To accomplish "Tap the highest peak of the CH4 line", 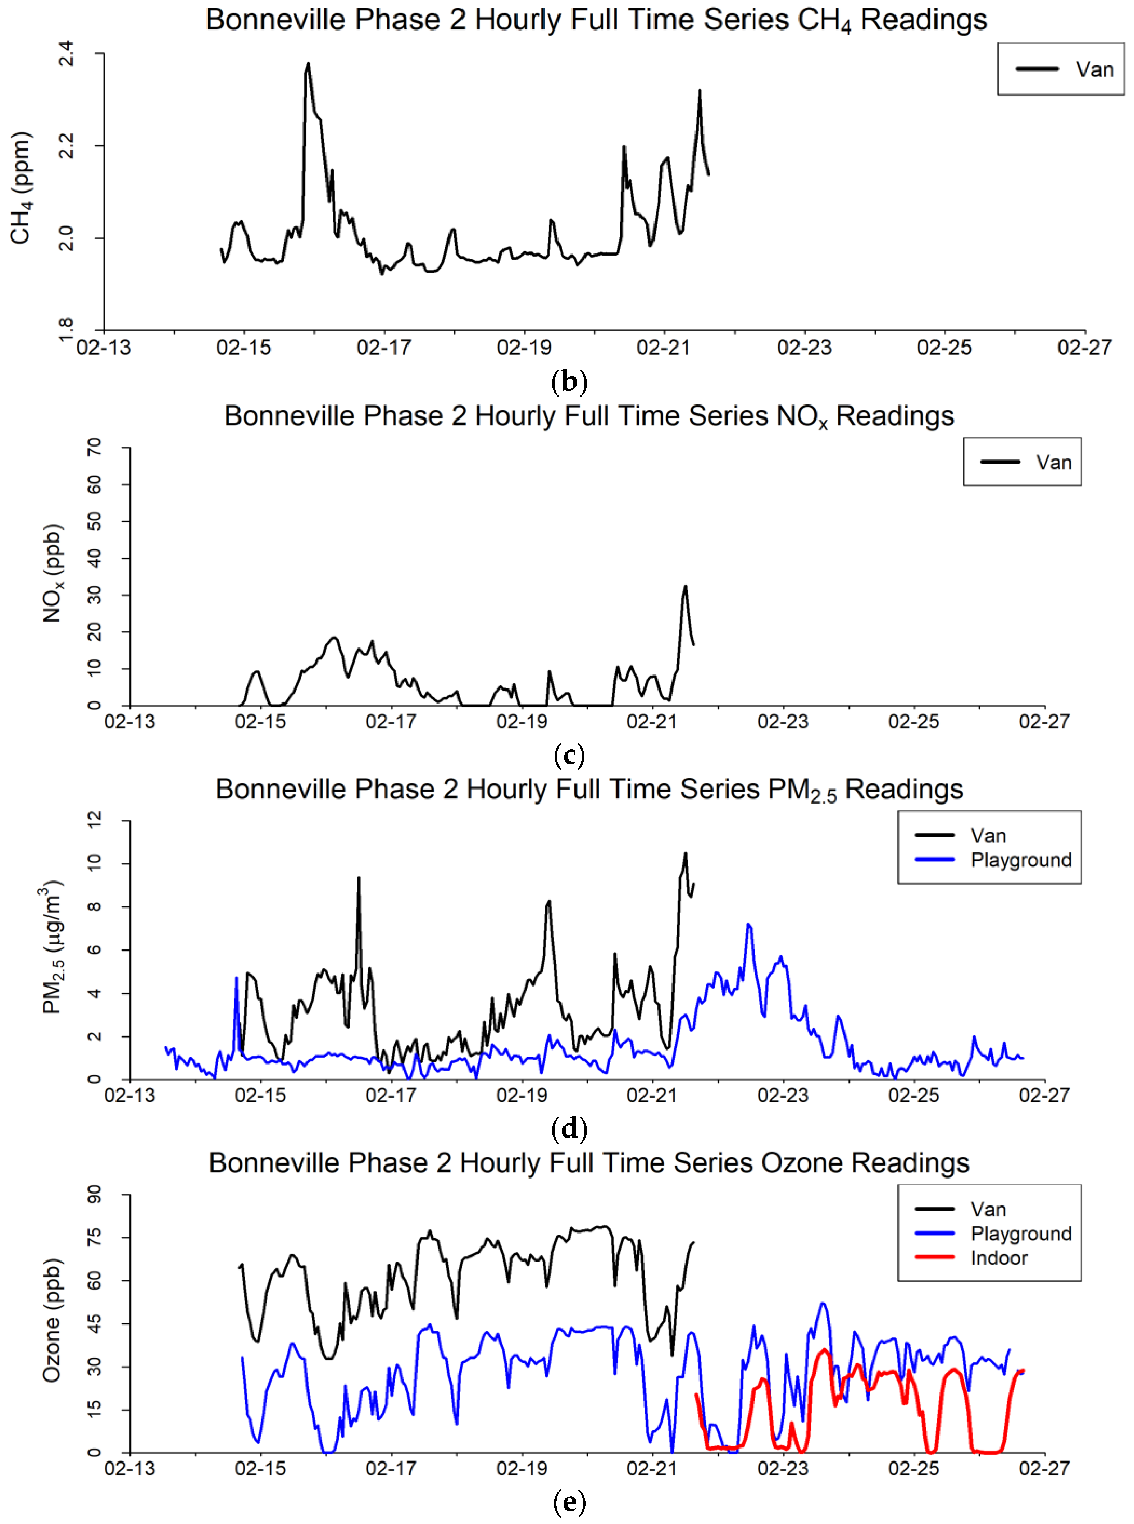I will click(308, 64).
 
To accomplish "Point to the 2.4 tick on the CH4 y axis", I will click(67, 54).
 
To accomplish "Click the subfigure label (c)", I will click(569, 755).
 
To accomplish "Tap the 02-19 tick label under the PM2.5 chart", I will click(522, 1095).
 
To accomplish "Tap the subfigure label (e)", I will click(569, 1503).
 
